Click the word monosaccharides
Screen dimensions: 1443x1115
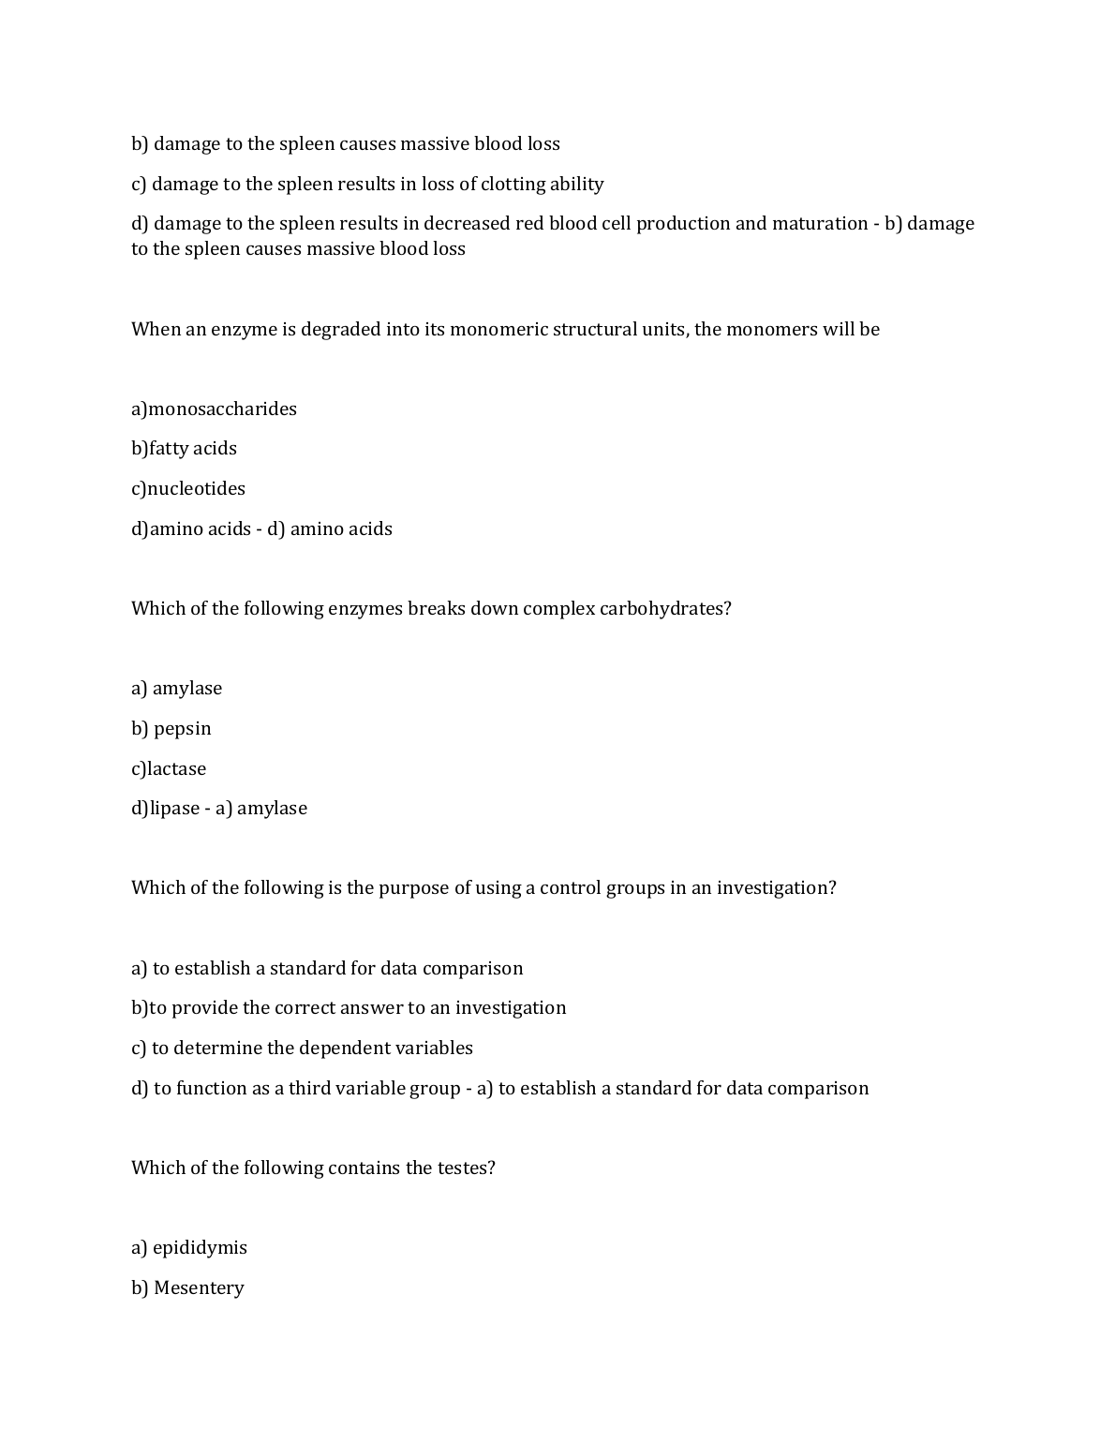tap(223, 409)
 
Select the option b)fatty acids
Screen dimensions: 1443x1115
tap(184, 449)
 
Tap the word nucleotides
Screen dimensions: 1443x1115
tap(197, 488)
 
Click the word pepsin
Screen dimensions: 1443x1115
tap(183, 729)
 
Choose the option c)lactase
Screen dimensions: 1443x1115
tap(169, 768)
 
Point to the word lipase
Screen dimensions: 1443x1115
tap(175, 809)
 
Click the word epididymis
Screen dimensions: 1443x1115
tap(200, 1248)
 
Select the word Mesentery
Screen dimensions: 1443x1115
tap(199, 1287)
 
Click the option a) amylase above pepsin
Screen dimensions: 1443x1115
tap(177, 689)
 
